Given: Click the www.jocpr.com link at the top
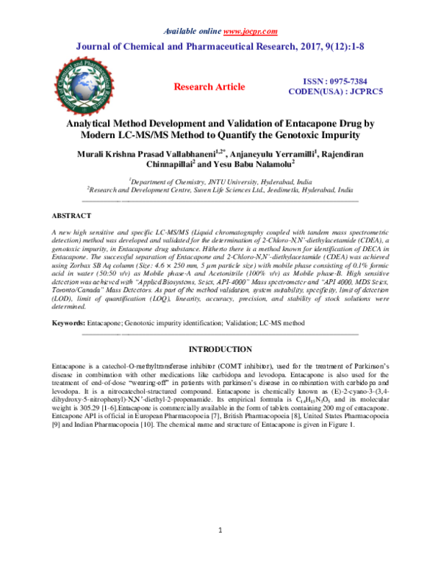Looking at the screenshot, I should (x=250, y=31).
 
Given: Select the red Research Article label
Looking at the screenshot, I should (x=209, y=87).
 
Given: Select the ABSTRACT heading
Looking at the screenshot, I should (x=71, y=216).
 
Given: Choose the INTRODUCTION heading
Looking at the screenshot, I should (x=220, y=349).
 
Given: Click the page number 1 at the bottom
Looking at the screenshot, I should (x=220, y=531).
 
